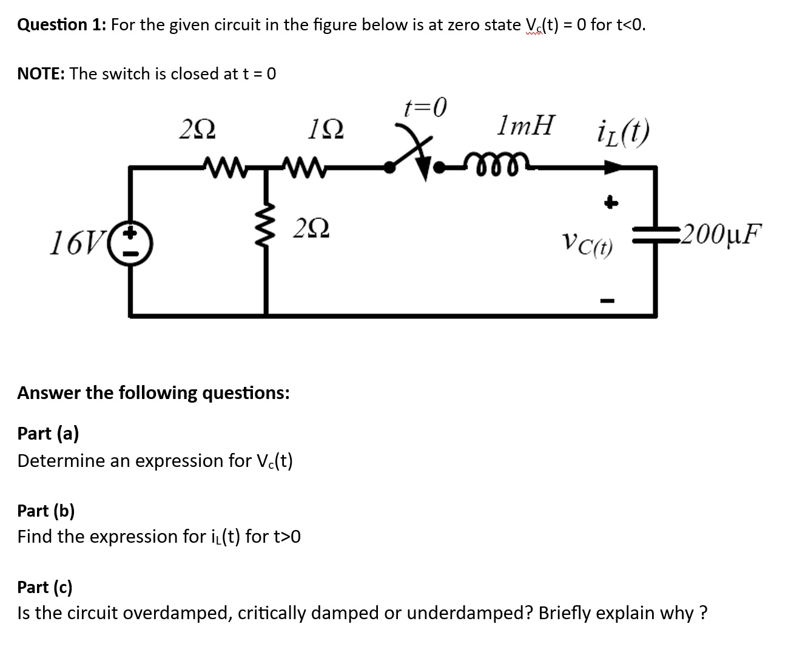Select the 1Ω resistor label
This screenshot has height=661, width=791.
325,129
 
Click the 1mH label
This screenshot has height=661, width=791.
525,126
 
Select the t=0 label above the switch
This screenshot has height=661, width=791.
425,107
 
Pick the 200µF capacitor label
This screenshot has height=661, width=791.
720,233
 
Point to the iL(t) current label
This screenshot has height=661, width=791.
623,131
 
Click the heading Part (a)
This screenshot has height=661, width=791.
48,434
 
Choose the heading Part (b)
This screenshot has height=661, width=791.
46,511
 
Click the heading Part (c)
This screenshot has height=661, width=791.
45,587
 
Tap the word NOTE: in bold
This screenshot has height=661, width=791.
41,74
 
